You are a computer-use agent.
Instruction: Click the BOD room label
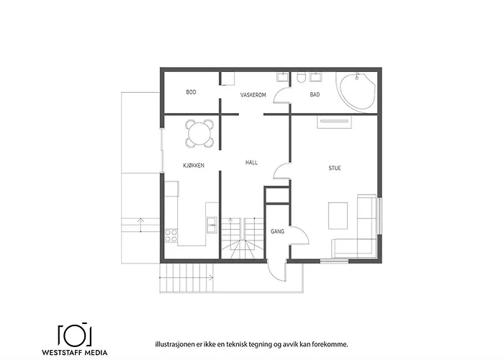coord(191,92)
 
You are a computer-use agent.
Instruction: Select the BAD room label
coord(315,94)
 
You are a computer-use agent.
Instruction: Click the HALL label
coord(251,163)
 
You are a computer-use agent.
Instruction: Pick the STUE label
coord(335,168)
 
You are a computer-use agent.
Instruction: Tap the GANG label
coord(277,232)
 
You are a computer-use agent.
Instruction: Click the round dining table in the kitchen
coord(200,132)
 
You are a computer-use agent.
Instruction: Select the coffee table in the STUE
coord(338,214)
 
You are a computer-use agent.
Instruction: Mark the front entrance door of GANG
coord(276,270)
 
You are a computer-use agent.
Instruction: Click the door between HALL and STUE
coord(282,170)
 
